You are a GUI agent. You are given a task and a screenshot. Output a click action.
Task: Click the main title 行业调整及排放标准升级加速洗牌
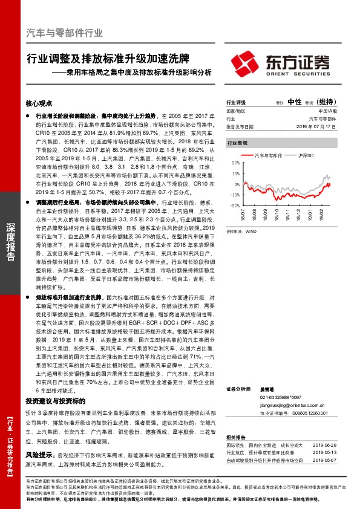click(x=108, y=60)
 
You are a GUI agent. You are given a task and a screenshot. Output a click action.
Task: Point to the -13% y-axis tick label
click(x=235, y=195)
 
